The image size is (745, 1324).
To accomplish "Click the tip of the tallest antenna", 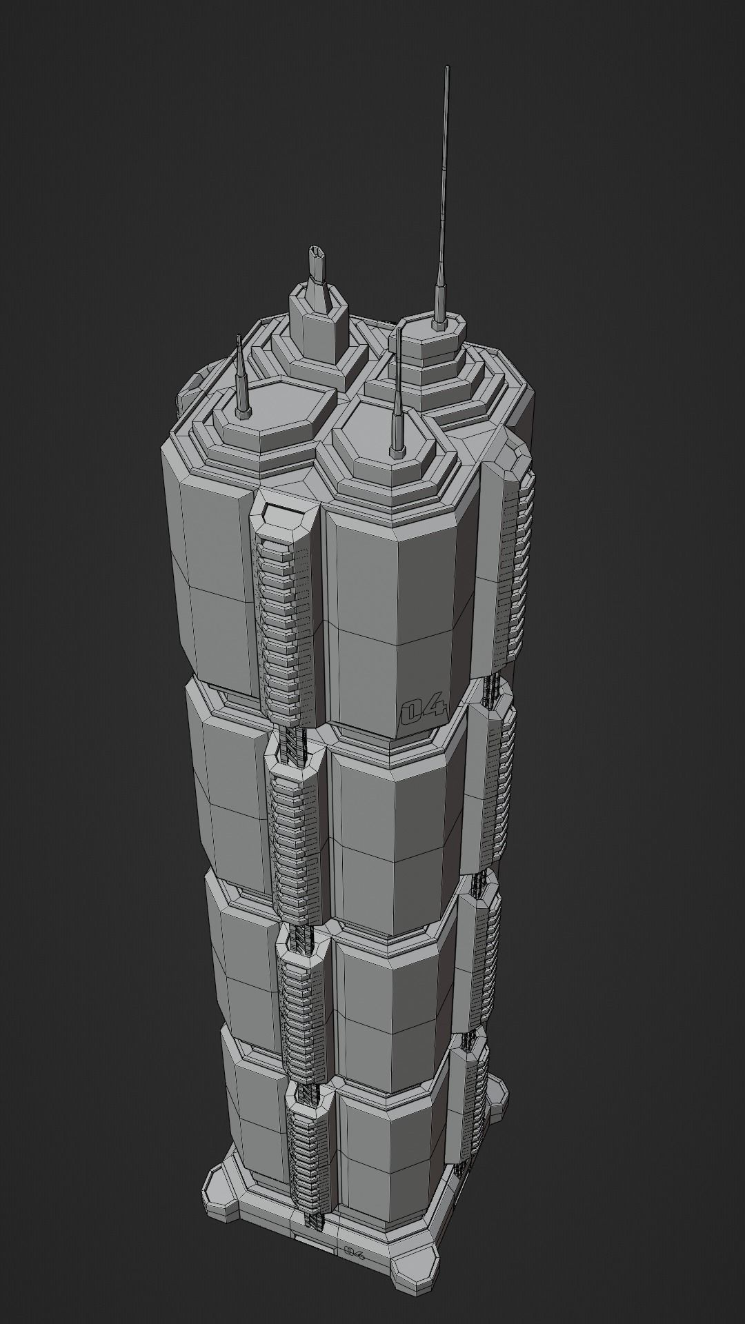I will (448, 68).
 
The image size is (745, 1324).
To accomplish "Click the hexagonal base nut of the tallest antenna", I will (437, 321).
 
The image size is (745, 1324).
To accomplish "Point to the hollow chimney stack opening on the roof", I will (317, 251).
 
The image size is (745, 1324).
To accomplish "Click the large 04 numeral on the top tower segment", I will (424, 710).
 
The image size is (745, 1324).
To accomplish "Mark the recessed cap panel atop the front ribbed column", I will (284, 514).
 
